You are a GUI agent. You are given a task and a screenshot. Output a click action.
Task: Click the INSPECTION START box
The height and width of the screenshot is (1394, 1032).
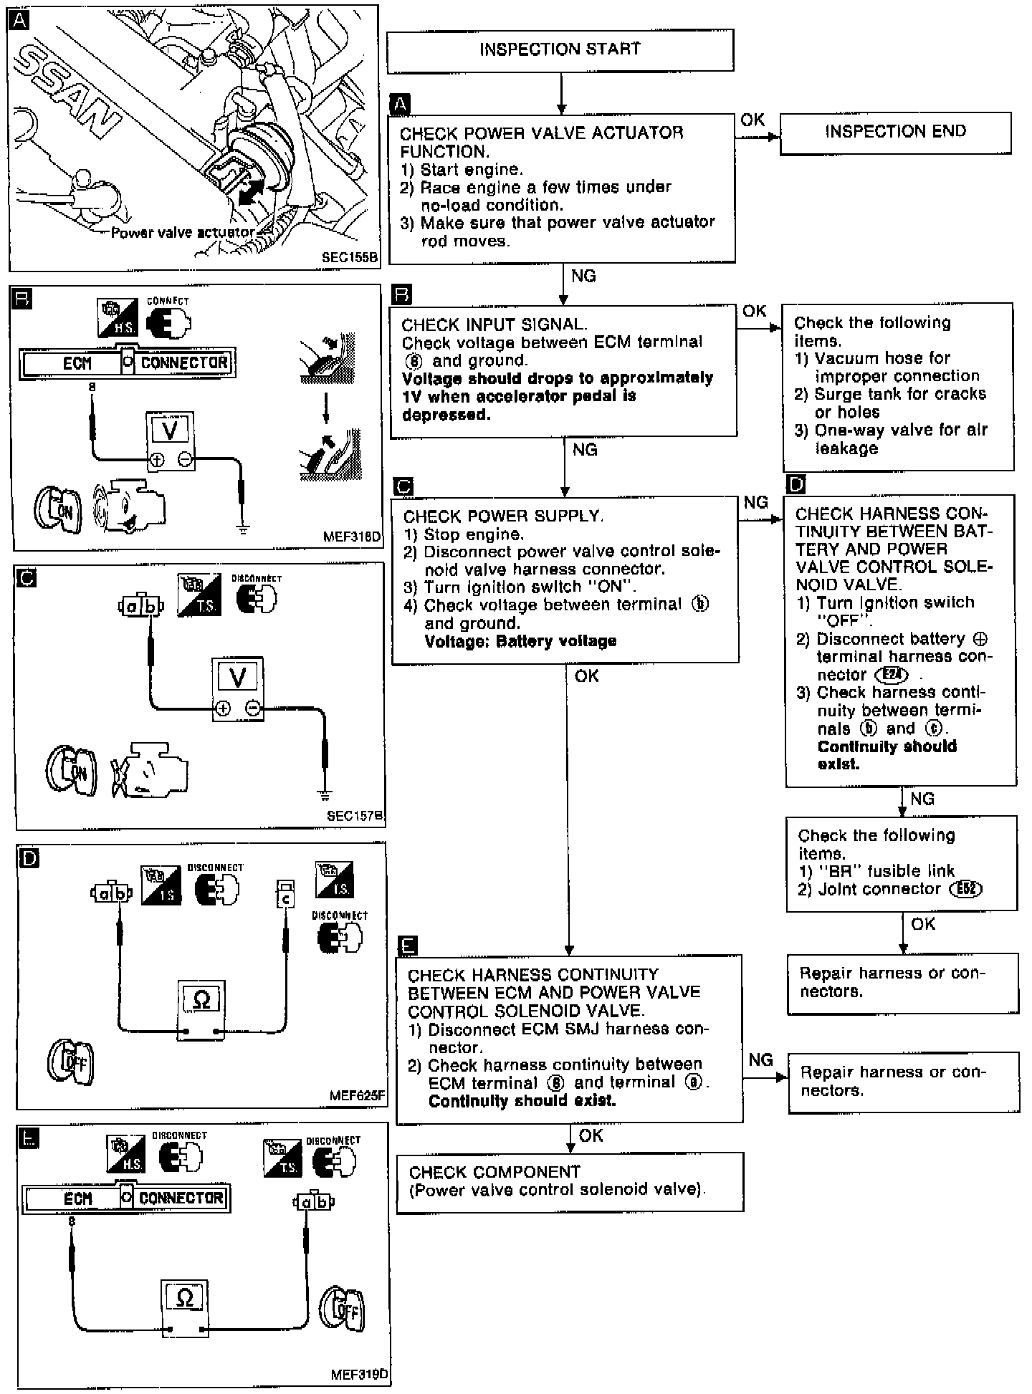tap(560, 50)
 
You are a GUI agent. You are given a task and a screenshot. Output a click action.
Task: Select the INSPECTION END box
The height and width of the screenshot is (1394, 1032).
tap(895, 133)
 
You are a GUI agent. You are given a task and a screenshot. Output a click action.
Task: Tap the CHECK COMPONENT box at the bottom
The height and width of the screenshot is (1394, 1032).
tap(570, 1181)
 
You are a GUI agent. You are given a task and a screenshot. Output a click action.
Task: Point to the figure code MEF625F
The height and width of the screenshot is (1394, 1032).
tap(357, 1095)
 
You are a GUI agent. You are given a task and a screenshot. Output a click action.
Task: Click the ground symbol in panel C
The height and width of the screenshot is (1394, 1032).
tap(325, 794)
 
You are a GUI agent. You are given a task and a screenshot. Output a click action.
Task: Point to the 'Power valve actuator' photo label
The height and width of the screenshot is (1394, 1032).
tap(182, 232)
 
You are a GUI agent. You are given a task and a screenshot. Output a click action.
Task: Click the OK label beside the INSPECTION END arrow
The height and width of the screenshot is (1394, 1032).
tap(752, 120)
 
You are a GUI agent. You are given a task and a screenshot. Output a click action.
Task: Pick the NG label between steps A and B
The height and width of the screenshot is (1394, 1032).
tap(583, 276)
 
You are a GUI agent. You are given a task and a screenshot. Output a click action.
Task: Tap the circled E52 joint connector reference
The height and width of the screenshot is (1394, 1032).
tap(965, 889)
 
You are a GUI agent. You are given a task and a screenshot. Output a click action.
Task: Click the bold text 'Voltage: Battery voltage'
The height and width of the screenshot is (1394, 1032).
tap(520, 641)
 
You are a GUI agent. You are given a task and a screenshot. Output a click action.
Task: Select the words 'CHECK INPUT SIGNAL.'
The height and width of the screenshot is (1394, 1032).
tap(494, 325)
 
